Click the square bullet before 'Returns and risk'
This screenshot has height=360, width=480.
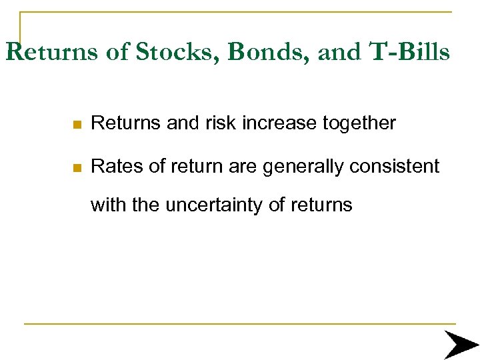pos(78,124)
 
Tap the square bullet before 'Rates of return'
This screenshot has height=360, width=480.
pos(78,167)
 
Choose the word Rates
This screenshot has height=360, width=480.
pos(113,166)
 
